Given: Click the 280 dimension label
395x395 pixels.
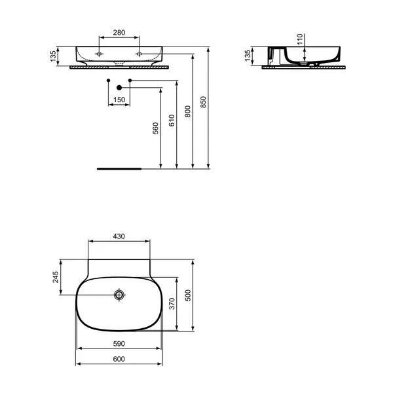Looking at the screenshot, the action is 119,33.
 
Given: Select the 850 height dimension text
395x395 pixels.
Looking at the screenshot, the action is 203,102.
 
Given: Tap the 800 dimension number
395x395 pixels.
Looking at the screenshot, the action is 188,111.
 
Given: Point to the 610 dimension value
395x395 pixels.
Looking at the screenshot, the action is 172,121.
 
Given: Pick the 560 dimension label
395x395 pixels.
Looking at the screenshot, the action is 156,128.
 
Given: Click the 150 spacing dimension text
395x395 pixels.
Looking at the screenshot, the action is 119,100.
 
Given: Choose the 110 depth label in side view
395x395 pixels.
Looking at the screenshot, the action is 300,39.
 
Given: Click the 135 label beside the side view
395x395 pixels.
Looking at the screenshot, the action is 248,56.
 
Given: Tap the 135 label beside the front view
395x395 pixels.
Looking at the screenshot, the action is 53,56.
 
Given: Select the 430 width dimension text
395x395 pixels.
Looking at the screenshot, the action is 119,236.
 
